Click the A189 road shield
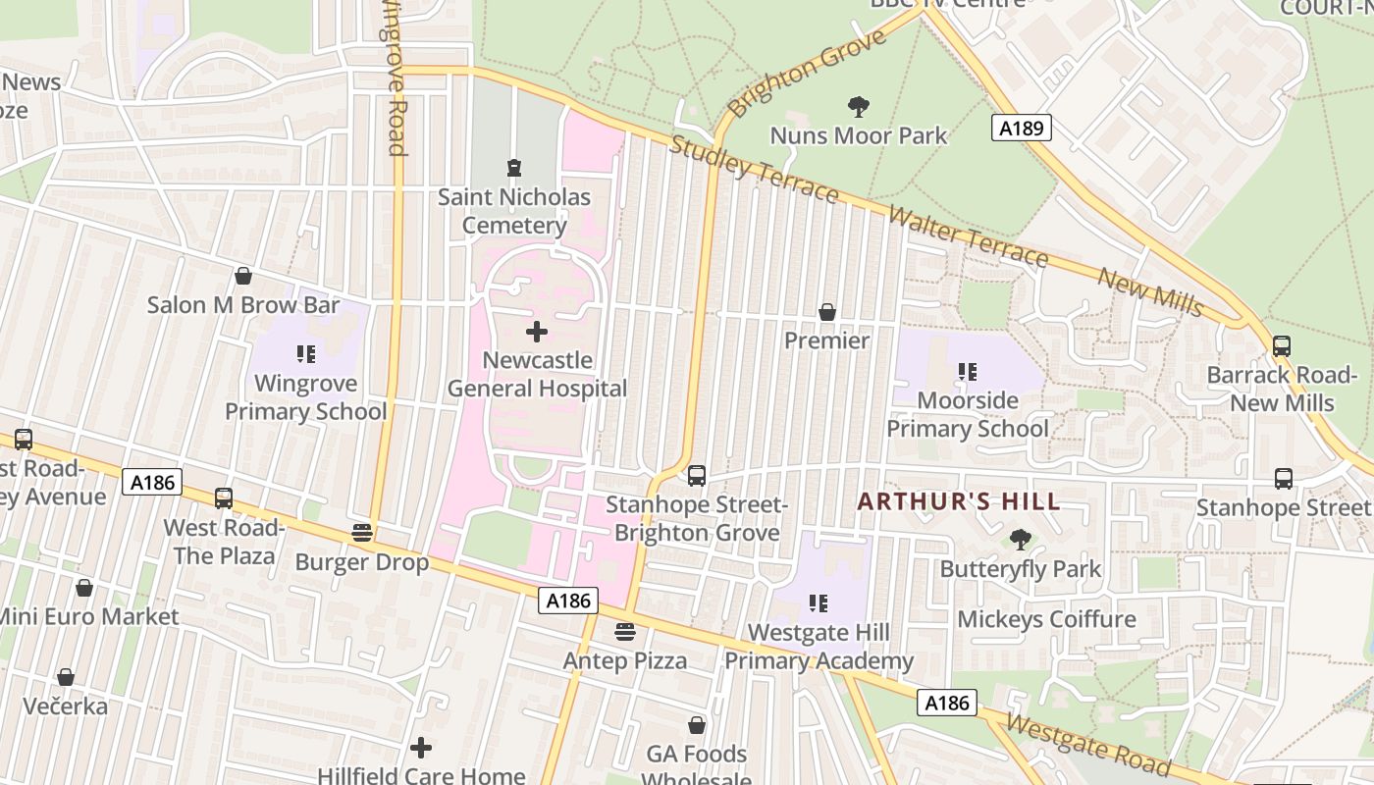tap(1021, 128)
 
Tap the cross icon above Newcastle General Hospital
tap(537, 332)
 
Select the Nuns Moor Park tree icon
tap(859, 106)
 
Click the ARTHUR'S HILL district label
tap(959, 501)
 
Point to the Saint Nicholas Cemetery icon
tap(513, 168)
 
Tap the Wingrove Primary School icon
tap(305, 353)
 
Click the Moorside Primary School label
tap(968, 414)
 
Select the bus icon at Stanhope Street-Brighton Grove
tap(697, 476)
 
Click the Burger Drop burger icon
tap(362, 533)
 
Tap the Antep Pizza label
tap(625, 660)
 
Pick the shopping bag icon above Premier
tap(827, 312)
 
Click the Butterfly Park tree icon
tap(1021, 539)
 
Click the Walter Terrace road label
tap(968, 236)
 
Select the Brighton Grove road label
tap(808, 71)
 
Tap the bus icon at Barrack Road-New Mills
tap(1282, 346)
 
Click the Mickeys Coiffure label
tap(1046, 619)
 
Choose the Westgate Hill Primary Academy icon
tap(819, 602)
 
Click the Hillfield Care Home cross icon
tap(421, 749)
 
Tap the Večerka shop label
tap(65, 706)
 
